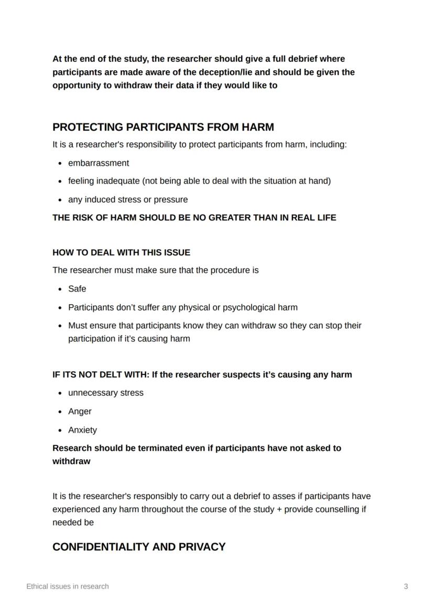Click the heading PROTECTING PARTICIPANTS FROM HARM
pos(163,127)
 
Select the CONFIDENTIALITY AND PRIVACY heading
pos(139,547)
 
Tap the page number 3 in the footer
pos(406,586)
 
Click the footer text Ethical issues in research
pos(68,586)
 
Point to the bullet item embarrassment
pos(99,163)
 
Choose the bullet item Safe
pos(77,289)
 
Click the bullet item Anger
pos(80,412)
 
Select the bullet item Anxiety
pos(82,430)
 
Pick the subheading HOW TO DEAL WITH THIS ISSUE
pos(121,253)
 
